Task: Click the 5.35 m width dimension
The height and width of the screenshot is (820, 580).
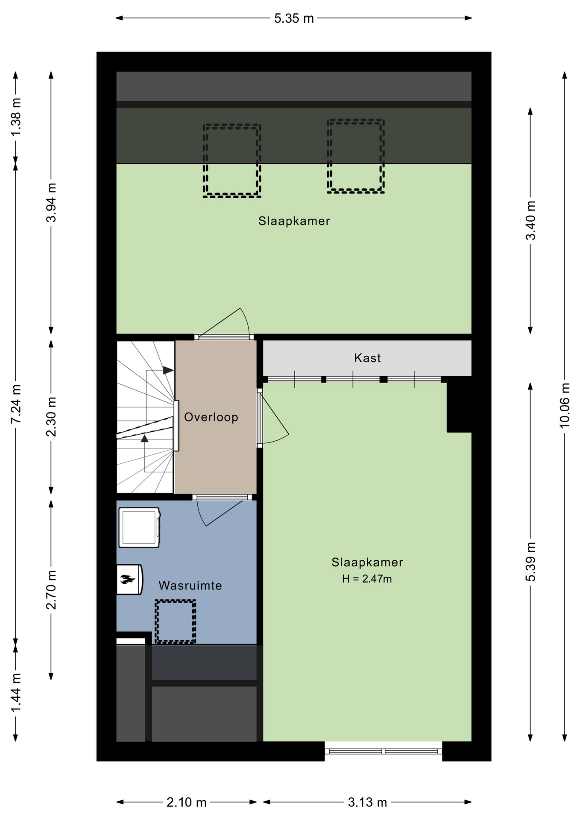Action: (x=294, y=18)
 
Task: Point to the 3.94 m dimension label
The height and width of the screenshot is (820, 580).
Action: (x=51, y=202)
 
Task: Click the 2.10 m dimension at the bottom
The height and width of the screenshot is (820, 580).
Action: (x=186, y=802)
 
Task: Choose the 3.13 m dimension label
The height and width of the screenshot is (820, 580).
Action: (x=367, y=802)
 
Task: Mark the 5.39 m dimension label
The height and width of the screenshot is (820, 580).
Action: (x=530, y=562)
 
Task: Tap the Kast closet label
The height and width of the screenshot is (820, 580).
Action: (x=367, y=358)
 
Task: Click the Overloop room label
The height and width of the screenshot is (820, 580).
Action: (x=211, y=417)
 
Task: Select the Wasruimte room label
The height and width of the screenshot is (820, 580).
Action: (x=190, y=585)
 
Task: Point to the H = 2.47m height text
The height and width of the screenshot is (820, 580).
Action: (x=367, y=579)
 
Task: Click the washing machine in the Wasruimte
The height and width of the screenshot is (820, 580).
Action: (x=139, y=527)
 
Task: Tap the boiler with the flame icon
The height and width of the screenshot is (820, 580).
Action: (x=129, y=580)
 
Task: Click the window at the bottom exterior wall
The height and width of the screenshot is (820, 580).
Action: (x=383, y=751)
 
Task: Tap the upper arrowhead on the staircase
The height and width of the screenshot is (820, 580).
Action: (x=169, y=370)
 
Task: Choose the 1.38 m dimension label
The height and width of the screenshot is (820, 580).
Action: (x=16, y=117)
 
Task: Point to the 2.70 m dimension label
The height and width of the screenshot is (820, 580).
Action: (x=51, y=590)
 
